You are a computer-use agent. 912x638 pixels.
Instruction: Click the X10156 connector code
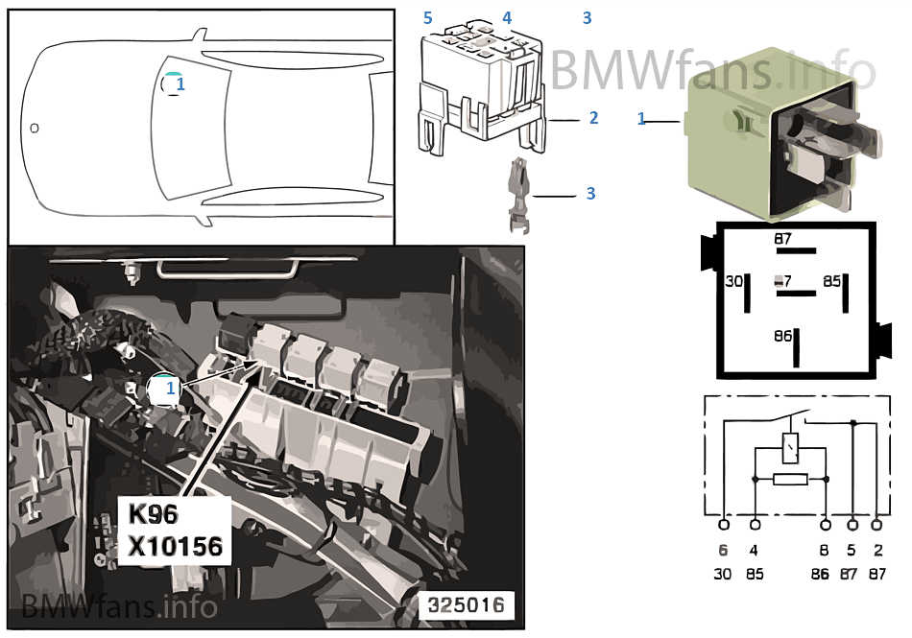click(176, 547)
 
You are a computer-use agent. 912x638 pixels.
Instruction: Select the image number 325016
click(467, 605)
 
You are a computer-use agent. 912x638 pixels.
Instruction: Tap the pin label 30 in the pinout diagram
click(733, 281)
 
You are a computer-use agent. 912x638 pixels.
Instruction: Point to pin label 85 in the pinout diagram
click(831, 281)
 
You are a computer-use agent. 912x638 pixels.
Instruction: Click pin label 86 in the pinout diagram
click(783, 337)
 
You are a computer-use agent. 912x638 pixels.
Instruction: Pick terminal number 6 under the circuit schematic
click(723, 551)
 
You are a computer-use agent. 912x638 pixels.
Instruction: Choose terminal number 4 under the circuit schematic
click(755, 551)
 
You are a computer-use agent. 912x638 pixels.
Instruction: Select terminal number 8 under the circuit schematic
click(825, 551)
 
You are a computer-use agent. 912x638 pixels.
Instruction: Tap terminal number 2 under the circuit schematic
click(877, 551)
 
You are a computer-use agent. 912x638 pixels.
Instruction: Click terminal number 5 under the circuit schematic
click(852, 551)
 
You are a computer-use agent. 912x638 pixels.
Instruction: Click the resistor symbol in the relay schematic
click(790, 479)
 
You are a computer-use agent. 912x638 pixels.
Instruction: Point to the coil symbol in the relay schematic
click(790, 446)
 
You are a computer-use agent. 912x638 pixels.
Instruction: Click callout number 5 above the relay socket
click(428, 18)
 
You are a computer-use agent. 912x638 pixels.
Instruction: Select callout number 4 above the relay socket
click(507, 18)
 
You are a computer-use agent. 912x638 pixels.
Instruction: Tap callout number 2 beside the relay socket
click(593, 118)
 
